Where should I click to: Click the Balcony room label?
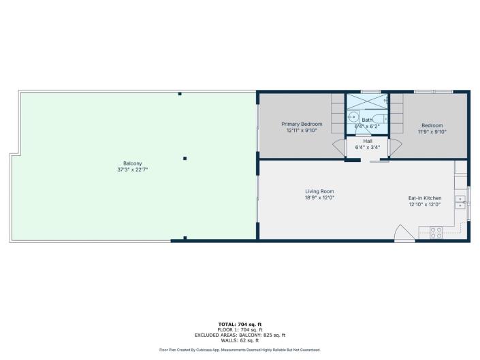(133, 163)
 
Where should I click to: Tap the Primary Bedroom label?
(302, 124)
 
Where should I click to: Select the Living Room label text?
(319, 191)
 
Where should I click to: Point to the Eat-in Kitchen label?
(425, 198)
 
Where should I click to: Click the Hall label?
(368, 141)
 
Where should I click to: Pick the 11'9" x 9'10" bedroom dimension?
(432, 131)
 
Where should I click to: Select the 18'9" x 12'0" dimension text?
(319, 198)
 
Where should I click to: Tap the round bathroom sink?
(353, 117)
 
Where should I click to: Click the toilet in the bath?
(380, 118)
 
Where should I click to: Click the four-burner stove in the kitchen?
(436, 232)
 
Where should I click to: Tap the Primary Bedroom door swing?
(338, 148)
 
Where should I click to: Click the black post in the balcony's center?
(185, 159)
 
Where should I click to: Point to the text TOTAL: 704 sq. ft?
(239, 324)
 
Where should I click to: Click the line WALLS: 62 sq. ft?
(239, 340)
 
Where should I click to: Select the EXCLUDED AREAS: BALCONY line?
(239, 335)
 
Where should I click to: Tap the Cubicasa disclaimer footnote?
(240, 350)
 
